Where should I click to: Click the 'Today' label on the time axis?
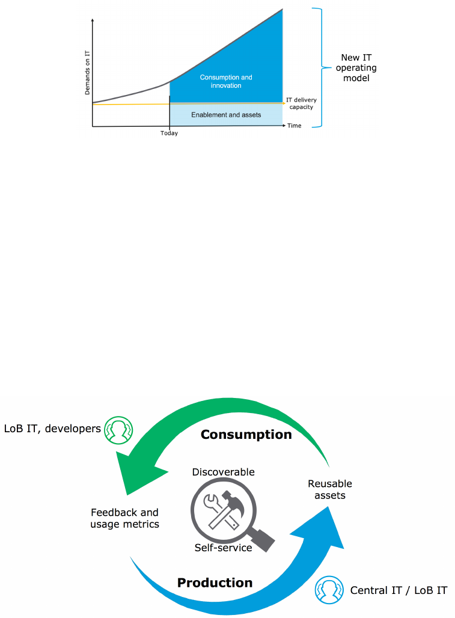pyautogui.click(x=169, y=133)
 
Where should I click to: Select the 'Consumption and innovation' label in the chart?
pyautogui.click(x=226, y=82)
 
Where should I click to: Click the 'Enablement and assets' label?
pyautogui.click(x=226, y=114)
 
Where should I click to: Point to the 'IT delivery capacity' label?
pyautogui.click(x=301, y=103)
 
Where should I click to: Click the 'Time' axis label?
pyautogui.click(x=294, y=126)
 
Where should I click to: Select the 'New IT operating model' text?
pyautogui.click(x=356, y=68)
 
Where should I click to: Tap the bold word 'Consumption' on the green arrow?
pyautogui.click(x=246, y=434)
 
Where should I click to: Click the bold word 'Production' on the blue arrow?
pyautogui.click(x=215, y=583)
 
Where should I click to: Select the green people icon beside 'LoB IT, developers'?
pyautogui.click(x=118, y=429)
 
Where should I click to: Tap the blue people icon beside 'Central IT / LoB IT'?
pyautogui.click(x=329, y=590)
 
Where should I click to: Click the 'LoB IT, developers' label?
pyautogui.click(x=52, y=429)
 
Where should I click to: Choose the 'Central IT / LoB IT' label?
pyautogui.click(x=399, y=590)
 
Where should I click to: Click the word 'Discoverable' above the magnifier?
pyautogui.click(x=223, y=472)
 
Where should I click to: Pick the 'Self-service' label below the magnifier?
pyautogui.click(x=223, y=548)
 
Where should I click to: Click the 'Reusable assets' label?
pyautogui.click(x=329, y=489)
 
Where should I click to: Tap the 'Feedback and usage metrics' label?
pyautogui.click(x=124, y=518)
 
